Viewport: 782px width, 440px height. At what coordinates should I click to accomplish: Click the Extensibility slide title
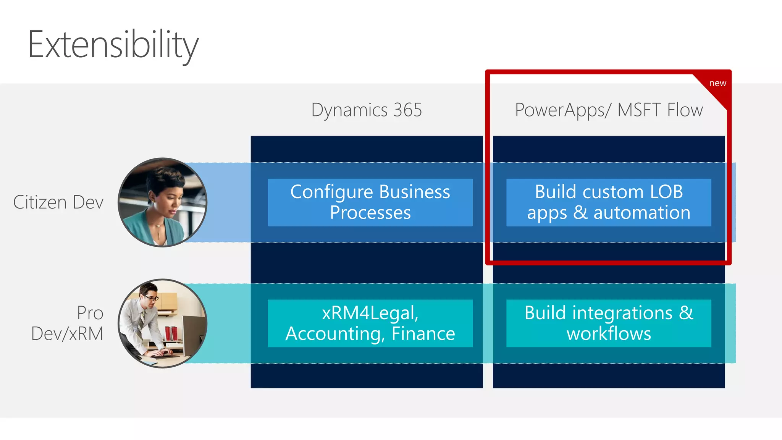[113, 45]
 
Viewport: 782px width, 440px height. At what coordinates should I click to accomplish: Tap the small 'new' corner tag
[717, 83]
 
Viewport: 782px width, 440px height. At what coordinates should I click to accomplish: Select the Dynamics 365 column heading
[366, 110]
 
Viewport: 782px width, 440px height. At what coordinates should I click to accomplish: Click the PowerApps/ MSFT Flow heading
[609, 110]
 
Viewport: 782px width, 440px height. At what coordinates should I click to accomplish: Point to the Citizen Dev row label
[58, 202]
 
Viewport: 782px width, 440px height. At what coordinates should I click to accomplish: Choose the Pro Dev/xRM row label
[68, 323]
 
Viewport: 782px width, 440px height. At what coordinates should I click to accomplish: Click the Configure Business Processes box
[370, 202]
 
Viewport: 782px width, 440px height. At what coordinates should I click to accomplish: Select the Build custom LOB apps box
[609, 202]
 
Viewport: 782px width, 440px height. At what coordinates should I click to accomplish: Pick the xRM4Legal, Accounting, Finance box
[370, 323]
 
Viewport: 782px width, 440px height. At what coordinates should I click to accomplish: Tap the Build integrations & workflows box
[609, 323]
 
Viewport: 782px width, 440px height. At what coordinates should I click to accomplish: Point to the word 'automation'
[641, 213]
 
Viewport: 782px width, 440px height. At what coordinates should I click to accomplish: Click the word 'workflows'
[609, 333]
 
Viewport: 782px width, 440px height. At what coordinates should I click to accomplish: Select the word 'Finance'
[423, 333]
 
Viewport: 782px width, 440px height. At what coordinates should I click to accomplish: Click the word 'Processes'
[370, 213]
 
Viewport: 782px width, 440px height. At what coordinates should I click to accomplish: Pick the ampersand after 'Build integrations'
[686, 313]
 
